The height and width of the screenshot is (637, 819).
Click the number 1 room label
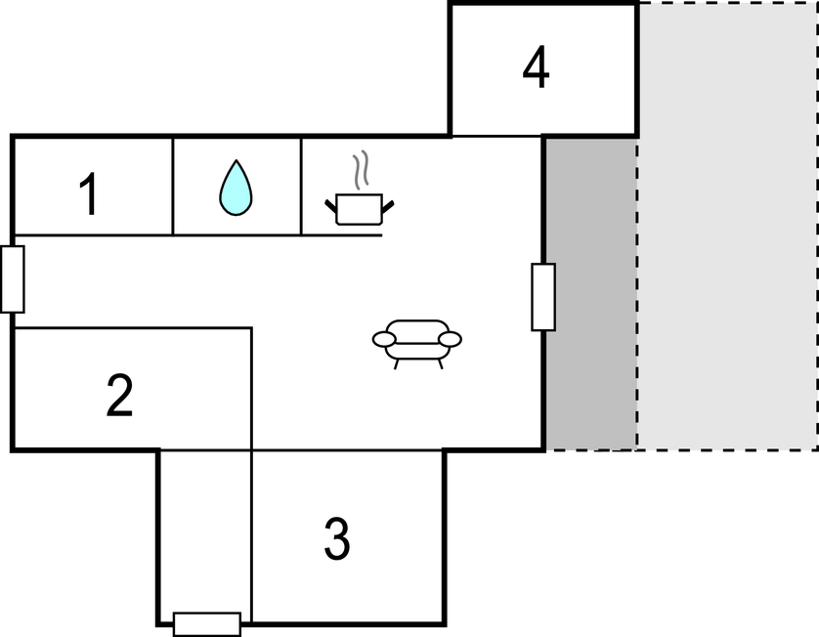pyautogui.click(x=89, y=193)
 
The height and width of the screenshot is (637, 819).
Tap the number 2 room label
pyautogui.click(x=119, y=395)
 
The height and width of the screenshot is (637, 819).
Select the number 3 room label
pyautogui.click(x=337, y=539)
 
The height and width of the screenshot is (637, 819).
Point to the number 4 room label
pyautogui.click(x=536, y=66)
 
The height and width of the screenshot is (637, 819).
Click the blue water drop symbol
pyautogui.click(x=236, y=188)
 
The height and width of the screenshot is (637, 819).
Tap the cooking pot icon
pyautogui.click(x=360, y=209)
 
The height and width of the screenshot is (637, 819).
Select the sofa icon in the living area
pyautogui.click(x=416, y=344)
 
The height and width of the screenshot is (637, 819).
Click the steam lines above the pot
pyautogui.click(x=361, y=170)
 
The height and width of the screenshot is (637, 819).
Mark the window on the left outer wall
pyautogui.click(x=13, y=279)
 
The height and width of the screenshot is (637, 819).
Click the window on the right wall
pyautogui.click(x=543, y=297)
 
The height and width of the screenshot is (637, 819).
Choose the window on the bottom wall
pyautogui.click(x=207, y=624)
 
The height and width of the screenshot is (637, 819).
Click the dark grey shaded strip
pyautogui.click(x=591, y=293)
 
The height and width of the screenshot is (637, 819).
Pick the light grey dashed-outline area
pyautogui.click(x=727, y=226)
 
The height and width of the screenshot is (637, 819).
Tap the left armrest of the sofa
pyautogui.click(x=384, y=339)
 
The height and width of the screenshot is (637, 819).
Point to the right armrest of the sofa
pyautogui.click(x=450, y=339)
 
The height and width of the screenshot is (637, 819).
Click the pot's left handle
pyautogui.click(x=331, y=206)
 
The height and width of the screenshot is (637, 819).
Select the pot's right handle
pyautogui.click(x=388, y=207)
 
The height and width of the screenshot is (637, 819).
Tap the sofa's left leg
pyautogui.click(x=397, y=363)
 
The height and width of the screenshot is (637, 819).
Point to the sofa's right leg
pyautogui.click(x=441, y=363)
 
